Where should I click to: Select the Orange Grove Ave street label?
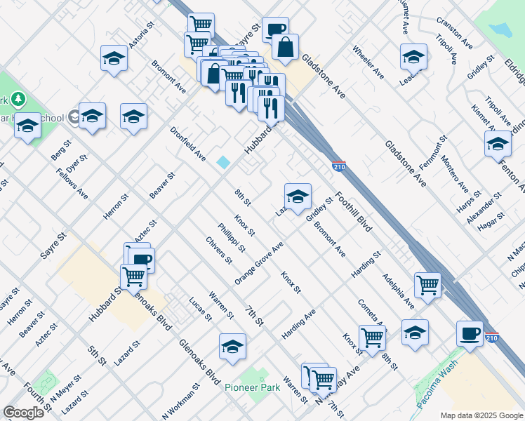pyautogui.click(x=259, y=263)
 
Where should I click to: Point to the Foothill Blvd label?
pyautogui.click(x=353, y=211)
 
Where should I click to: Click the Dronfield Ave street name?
pyautogui.click(x=187, y=143)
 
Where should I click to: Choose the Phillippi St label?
pyautogui.click(x=231, y=237)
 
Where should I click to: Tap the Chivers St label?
pyautogui.click(x=219, y=250)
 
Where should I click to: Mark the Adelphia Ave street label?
pyautogui.click(x=398, y=290)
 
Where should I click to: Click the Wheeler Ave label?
pyautogui.click(x=368, y=62)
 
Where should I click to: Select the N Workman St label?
pyautogui.click(x=180, y=399)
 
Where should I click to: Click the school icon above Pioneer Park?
pyautogui.click(x=232, y=347)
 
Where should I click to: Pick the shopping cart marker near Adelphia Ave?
pyautogui.click(x=427, y=285)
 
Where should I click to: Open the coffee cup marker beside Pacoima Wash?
pyautogui.click(x=470, y=333)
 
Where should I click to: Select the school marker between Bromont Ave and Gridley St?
pyautogui.click(x=298, y=196)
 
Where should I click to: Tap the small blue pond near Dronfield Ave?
pyautogui.click(x=223, y=162)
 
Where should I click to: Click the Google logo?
pyautogui.click(x=24, y=413)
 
